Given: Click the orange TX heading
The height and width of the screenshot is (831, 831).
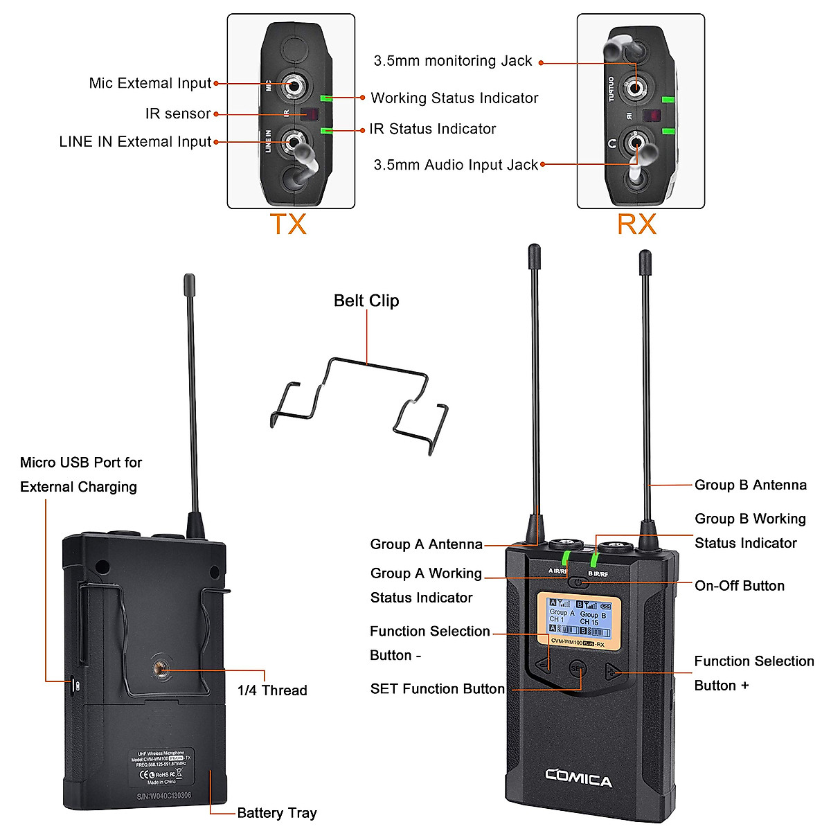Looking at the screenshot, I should (287, 224).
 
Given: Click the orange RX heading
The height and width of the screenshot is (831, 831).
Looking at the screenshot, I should (636, 224).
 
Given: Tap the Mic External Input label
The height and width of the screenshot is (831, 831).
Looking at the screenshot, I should (150, 83).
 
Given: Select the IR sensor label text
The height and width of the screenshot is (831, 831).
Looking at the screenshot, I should (178, 114).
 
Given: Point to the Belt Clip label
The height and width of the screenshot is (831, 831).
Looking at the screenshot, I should (366, 301).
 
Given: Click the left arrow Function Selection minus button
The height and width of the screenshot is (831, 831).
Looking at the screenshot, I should (544, 665).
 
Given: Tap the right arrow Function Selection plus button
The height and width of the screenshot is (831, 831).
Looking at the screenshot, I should (611, 671).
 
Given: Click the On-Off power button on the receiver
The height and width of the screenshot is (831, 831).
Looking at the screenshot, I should (580, 582).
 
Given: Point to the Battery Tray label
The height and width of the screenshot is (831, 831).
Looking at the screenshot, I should (276, 813).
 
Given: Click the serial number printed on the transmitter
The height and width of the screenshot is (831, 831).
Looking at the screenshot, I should (163, 796).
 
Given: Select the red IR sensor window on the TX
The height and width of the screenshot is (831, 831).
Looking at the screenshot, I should (311, 114).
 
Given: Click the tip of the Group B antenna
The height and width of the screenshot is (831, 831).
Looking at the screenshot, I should (645, 258).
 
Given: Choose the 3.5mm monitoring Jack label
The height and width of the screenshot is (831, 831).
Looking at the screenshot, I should (453, 61).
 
